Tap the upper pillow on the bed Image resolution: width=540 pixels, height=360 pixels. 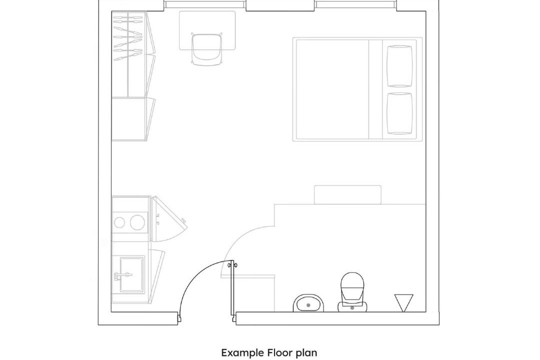[399, 66]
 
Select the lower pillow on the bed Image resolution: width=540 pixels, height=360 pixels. [399, 113]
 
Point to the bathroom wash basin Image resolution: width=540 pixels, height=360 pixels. [309, 303]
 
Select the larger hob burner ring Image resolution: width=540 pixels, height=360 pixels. [137, 222]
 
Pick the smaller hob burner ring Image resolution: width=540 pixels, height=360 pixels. [119, 222]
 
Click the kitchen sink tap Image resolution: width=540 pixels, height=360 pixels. [123, 275]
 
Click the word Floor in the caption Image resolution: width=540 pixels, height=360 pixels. [280, 353]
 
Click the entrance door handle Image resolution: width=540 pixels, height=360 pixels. [233, 265]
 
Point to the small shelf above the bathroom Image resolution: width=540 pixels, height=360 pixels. [347, 194]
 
